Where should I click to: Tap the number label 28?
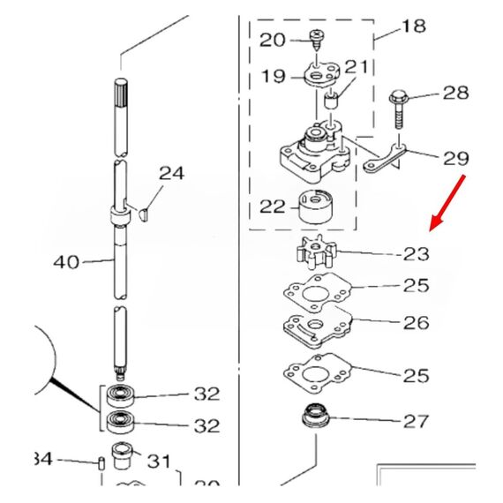[x=455, y=94]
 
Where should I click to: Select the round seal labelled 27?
[x=314, y=415]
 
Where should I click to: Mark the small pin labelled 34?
[x=101, y=462]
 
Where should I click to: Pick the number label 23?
[x=416, y=254]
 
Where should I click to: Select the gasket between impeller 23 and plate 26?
[x=313, y=292]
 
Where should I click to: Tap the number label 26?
[x=416, y=323]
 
